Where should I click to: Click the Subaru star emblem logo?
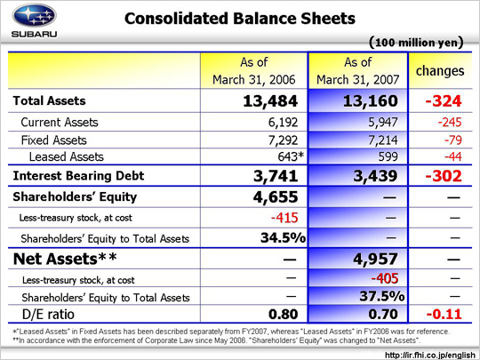click(34, 15)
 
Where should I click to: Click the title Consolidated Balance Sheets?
click(240, 19)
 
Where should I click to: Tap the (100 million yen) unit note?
click(416, 43)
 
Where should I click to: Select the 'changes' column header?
click(440, 71)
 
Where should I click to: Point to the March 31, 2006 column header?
click(253, 71)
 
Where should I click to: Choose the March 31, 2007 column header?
click(358, 71)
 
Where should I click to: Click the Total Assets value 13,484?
click(270, 101)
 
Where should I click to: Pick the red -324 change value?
click(444, 101)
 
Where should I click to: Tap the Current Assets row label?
click(60, 122)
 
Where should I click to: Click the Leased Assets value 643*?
click(291, 156)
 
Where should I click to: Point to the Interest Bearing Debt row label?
click(78, 176)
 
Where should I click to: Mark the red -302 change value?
click(444, 176)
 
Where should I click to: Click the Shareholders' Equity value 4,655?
click(276, 196)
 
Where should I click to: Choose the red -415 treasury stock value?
click(284, 218)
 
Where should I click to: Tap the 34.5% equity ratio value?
click(284, 237)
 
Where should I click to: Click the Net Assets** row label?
click(65, 259)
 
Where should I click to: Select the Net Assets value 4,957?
click(376, 259)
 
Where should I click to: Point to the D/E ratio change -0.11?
click(444, 314)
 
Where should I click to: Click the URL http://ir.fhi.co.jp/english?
click(430, 355)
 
